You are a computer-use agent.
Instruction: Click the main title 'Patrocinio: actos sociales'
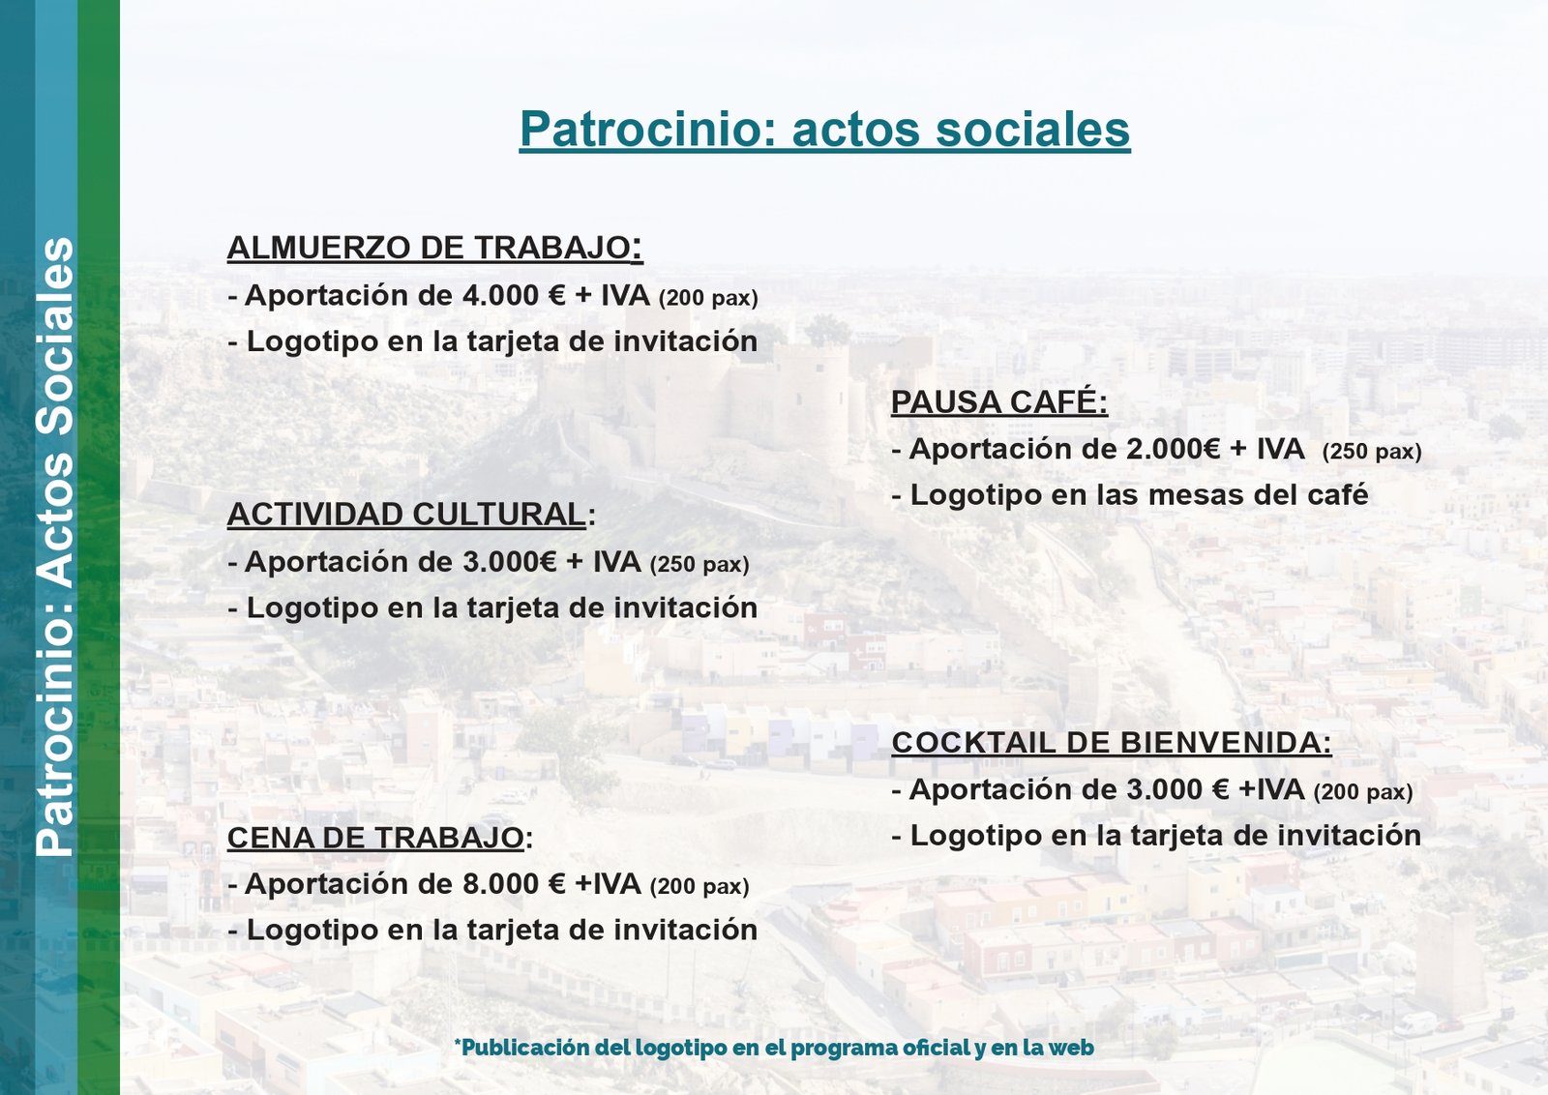point(824,130)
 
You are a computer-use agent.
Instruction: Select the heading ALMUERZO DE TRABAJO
point(434,248)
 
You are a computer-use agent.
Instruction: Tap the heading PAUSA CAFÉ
point(999,401)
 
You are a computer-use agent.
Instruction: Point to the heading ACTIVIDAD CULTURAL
point(411,515)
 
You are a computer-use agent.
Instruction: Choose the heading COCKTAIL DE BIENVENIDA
point(1112,743)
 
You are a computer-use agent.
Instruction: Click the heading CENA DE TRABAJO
point(380,838)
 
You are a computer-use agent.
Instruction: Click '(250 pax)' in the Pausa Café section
point(1372,452)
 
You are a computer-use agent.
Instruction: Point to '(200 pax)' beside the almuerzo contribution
point(708,299)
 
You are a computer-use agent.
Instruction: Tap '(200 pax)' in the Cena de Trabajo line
point(700,886)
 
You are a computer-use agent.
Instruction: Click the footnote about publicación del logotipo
point(774,1048)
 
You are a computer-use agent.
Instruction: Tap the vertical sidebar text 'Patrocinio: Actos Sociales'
point(55,547)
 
